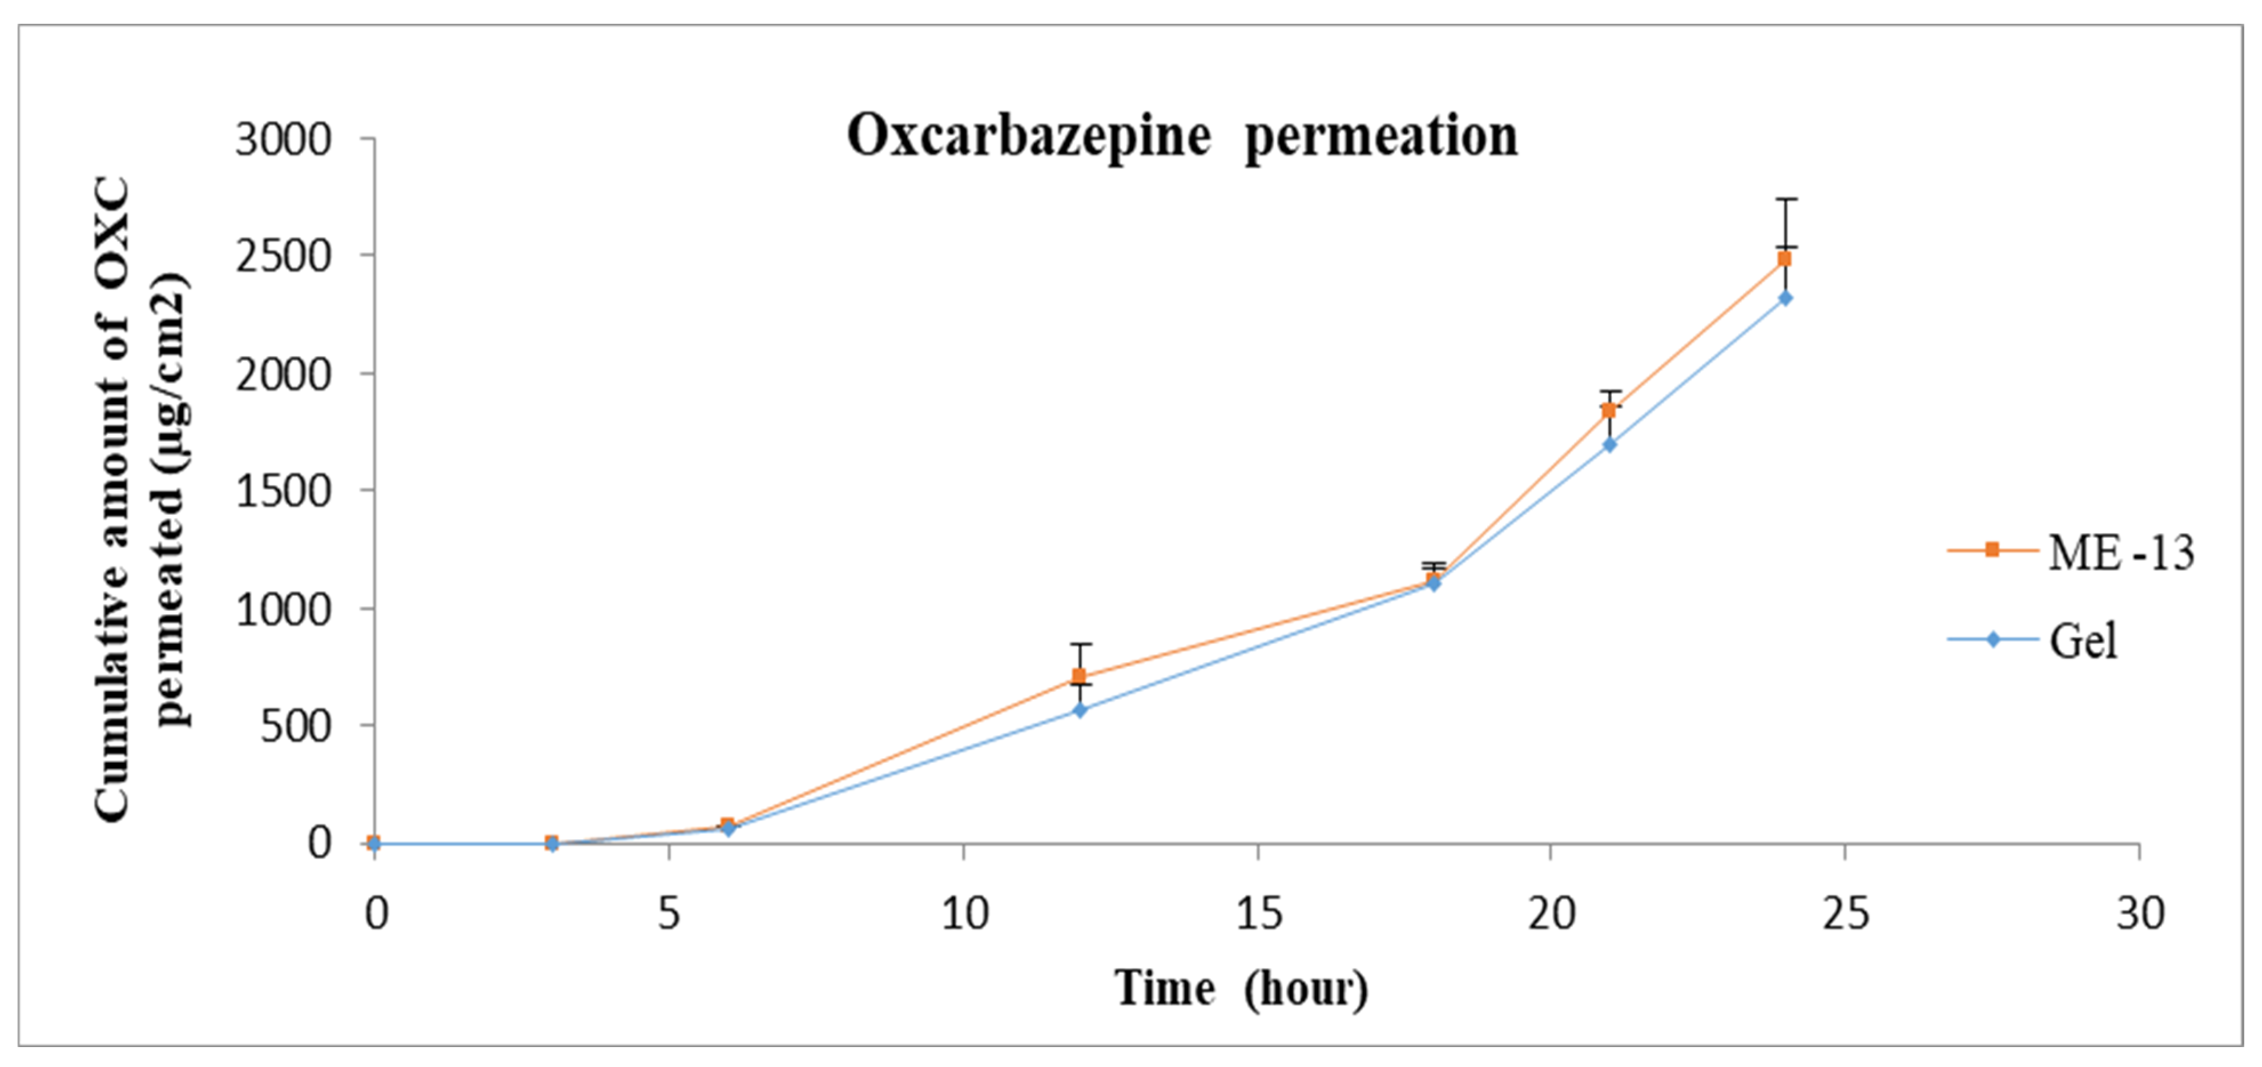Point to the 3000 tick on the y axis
283,140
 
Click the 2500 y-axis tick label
283,256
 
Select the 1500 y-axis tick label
283,492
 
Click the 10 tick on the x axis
964,914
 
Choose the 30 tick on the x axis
2140,914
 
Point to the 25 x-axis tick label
1845,914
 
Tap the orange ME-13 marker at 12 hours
1079,676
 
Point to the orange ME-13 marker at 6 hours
727,826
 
